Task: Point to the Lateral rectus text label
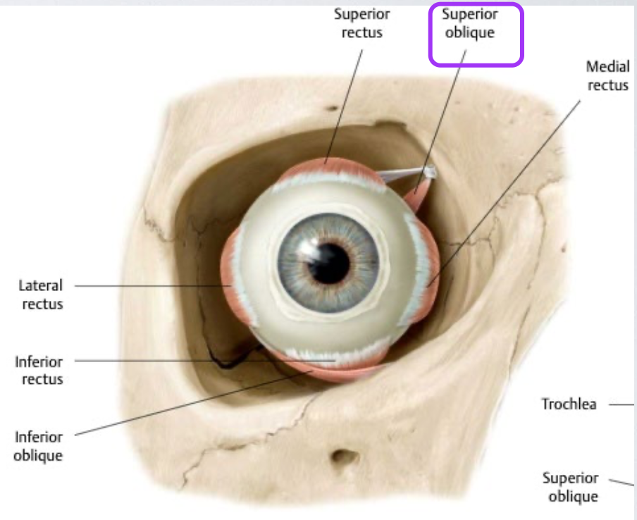(x=40, y=295)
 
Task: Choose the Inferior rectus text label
(x=39, y=371)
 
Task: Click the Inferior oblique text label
(x=38, y=447)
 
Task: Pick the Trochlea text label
(x=568, y=405)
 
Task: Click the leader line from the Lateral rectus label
(x=148, y=286)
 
